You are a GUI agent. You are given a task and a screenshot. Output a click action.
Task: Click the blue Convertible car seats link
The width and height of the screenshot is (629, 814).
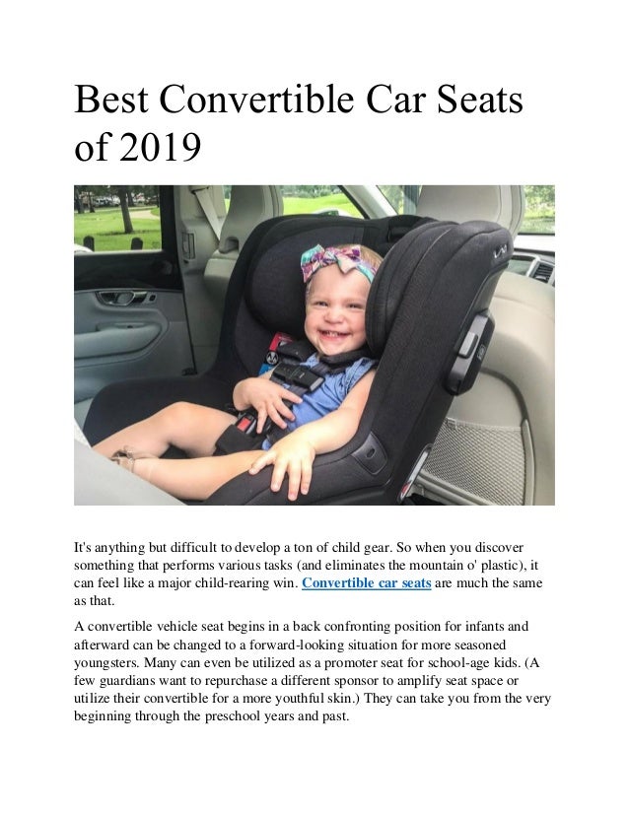click(x=365, y=583)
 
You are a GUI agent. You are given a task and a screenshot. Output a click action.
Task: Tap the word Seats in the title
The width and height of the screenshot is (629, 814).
click(x=472, y=102)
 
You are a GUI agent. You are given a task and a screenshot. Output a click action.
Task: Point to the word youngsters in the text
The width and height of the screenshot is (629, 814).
click(x=107, y=661)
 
